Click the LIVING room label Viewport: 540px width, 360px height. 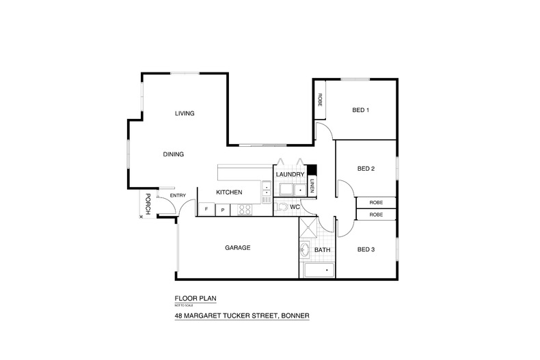coord(185,113)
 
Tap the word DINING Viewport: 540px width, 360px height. coord(173,154)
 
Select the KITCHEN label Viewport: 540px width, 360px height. coord(229,193)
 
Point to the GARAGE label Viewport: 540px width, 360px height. coord(237,247)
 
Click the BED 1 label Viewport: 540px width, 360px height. coord(361,111)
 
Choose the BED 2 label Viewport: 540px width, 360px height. coord(366,168)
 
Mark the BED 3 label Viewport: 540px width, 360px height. coord(366,249)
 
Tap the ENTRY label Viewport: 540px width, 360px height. coord(178,196)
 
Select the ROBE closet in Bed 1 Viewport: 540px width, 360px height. coord(320,100)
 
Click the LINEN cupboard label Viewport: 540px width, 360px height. coord(312,185)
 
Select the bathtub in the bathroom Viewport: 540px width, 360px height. coord(318,271)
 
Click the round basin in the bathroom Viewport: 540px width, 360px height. coord(305,251)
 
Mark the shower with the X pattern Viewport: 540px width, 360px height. coord(308,230)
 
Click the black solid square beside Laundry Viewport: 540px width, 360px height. coord(312,171)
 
